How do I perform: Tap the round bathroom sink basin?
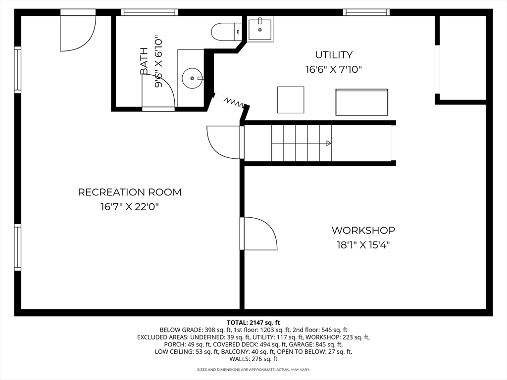(x=192, y=78)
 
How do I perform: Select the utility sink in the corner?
(x=260, y=29)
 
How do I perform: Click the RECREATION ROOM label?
(x=130, y=192)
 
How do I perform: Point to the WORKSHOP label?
(x=363, y=230)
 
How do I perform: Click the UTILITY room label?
(x=334, y=55)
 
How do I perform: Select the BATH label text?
(x=144, y=61)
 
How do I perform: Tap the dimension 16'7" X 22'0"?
(x=130, y=207)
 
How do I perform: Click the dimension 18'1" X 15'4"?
(x=363, y=244)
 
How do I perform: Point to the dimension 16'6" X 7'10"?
(x=334, y=70)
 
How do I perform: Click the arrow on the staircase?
(x=327, y=143)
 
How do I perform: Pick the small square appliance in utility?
(x=290, y=99)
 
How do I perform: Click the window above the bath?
(x=149, y=12)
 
